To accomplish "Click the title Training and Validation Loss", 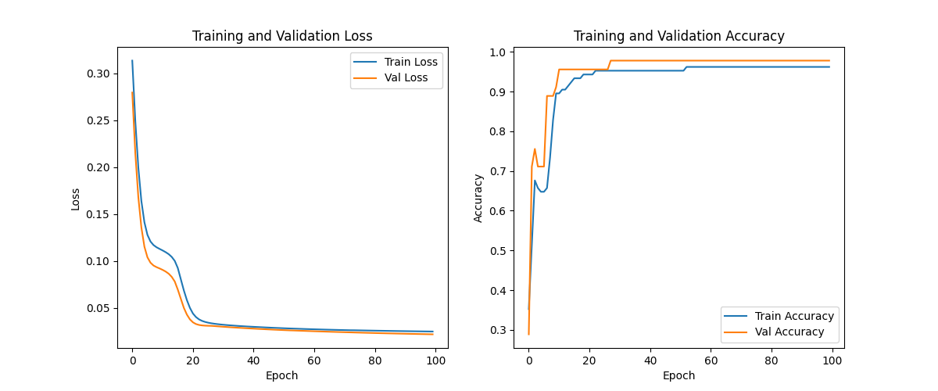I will coord(282,36).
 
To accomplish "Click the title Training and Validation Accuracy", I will coord(678,36).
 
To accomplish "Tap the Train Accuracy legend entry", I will coord(794,316).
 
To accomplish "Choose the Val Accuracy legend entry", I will coord(789,332).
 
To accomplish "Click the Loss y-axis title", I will coord(76,199).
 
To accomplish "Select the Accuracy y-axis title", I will coord(478,199).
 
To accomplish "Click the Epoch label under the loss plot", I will coord(282,375).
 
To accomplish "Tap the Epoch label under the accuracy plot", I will coord(678,375).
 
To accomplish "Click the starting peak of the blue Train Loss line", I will coord(132,60).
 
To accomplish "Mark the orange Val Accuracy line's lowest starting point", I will coord(528,335).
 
